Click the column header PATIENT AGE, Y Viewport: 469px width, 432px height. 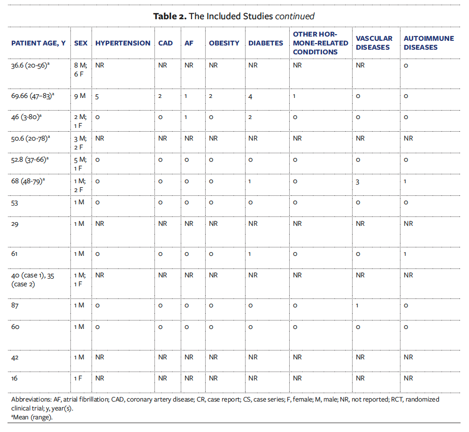click(x=38, y=43)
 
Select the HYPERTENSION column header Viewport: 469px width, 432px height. click(x=123, y=43)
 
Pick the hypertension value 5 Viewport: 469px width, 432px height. click(x=97, y=96)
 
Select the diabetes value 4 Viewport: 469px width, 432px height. click(x=251, y=96)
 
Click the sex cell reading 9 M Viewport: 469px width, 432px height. click(x=79, y=96)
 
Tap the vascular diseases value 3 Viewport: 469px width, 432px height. click(x=358, y=181)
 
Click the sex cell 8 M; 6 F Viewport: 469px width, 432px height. click(x=80, y=69)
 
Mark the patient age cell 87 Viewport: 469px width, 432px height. click(x=15, y=305)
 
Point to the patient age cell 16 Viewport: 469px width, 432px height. click(x=15, y=378)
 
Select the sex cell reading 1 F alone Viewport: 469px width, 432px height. click(x=78, y=378)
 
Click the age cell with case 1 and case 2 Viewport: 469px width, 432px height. click(x=32, y=279)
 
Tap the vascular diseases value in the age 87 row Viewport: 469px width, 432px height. click(x=357, y=305)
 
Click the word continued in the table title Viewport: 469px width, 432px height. click(x=294, y=16)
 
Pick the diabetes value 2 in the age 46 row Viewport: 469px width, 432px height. click(x=250, y=117)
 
